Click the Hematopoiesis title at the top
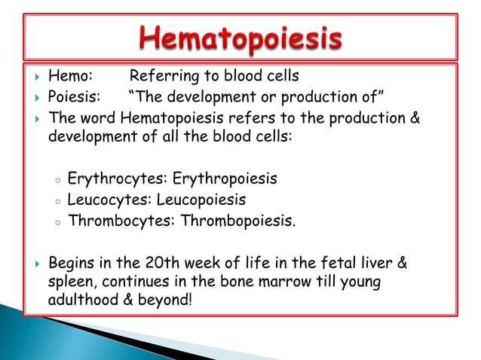tap(240, 38)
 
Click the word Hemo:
tap(71, 76)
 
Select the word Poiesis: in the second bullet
tap(75, 97)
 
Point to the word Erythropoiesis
tap(225, 179)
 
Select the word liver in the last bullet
tap(375, 264)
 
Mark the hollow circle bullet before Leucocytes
tap(57, 202)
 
